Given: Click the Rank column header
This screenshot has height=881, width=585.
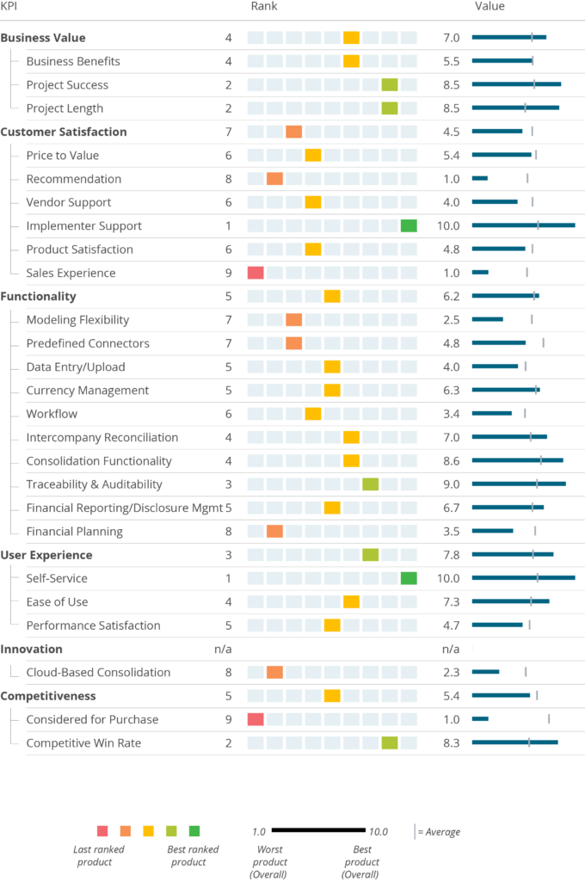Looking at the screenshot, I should [264, 7].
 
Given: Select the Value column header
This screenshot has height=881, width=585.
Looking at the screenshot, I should [490, 7].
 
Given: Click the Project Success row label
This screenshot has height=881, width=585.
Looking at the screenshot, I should [67, 85].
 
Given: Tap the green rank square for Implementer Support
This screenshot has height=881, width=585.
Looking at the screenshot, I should [409, 226].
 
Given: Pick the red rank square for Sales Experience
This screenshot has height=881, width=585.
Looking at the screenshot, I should [256, 273].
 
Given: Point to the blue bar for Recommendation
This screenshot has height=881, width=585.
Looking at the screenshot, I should [480, 179].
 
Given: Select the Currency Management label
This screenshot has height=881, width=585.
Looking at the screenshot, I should [88, 391].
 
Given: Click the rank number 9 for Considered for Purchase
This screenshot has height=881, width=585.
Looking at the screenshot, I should [228, 719].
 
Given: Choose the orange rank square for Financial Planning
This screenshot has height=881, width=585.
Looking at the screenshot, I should [274, 532].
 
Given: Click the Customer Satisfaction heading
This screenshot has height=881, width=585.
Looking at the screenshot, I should [64, 132].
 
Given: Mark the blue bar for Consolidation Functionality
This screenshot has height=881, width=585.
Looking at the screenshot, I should [517, 461].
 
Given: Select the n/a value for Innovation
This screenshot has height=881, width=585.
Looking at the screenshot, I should [450, 649].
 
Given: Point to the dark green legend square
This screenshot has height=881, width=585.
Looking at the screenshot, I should [194, 831].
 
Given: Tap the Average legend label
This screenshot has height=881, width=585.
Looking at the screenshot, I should [441, 832].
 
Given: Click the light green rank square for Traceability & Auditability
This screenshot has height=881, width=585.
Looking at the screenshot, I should [371, 484].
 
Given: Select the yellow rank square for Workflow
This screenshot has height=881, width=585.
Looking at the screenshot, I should [313, 414].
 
